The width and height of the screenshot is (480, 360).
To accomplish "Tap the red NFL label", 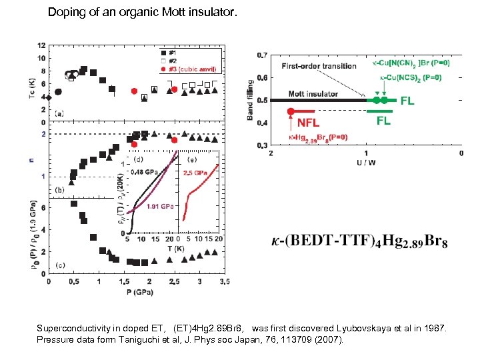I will click(308, 123).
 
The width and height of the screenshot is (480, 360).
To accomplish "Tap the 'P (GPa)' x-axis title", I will click(137, 291).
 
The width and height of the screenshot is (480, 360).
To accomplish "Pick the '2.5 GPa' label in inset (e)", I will click(195, 173).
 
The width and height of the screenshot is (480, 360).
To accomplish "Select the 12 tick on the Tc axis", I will click(42, 45).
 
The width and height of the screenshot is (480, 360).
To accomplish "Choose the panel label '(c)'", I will click(59, 265).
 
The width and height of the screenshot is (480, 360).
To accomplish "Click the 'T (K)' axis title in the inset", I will click(172, 248).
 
